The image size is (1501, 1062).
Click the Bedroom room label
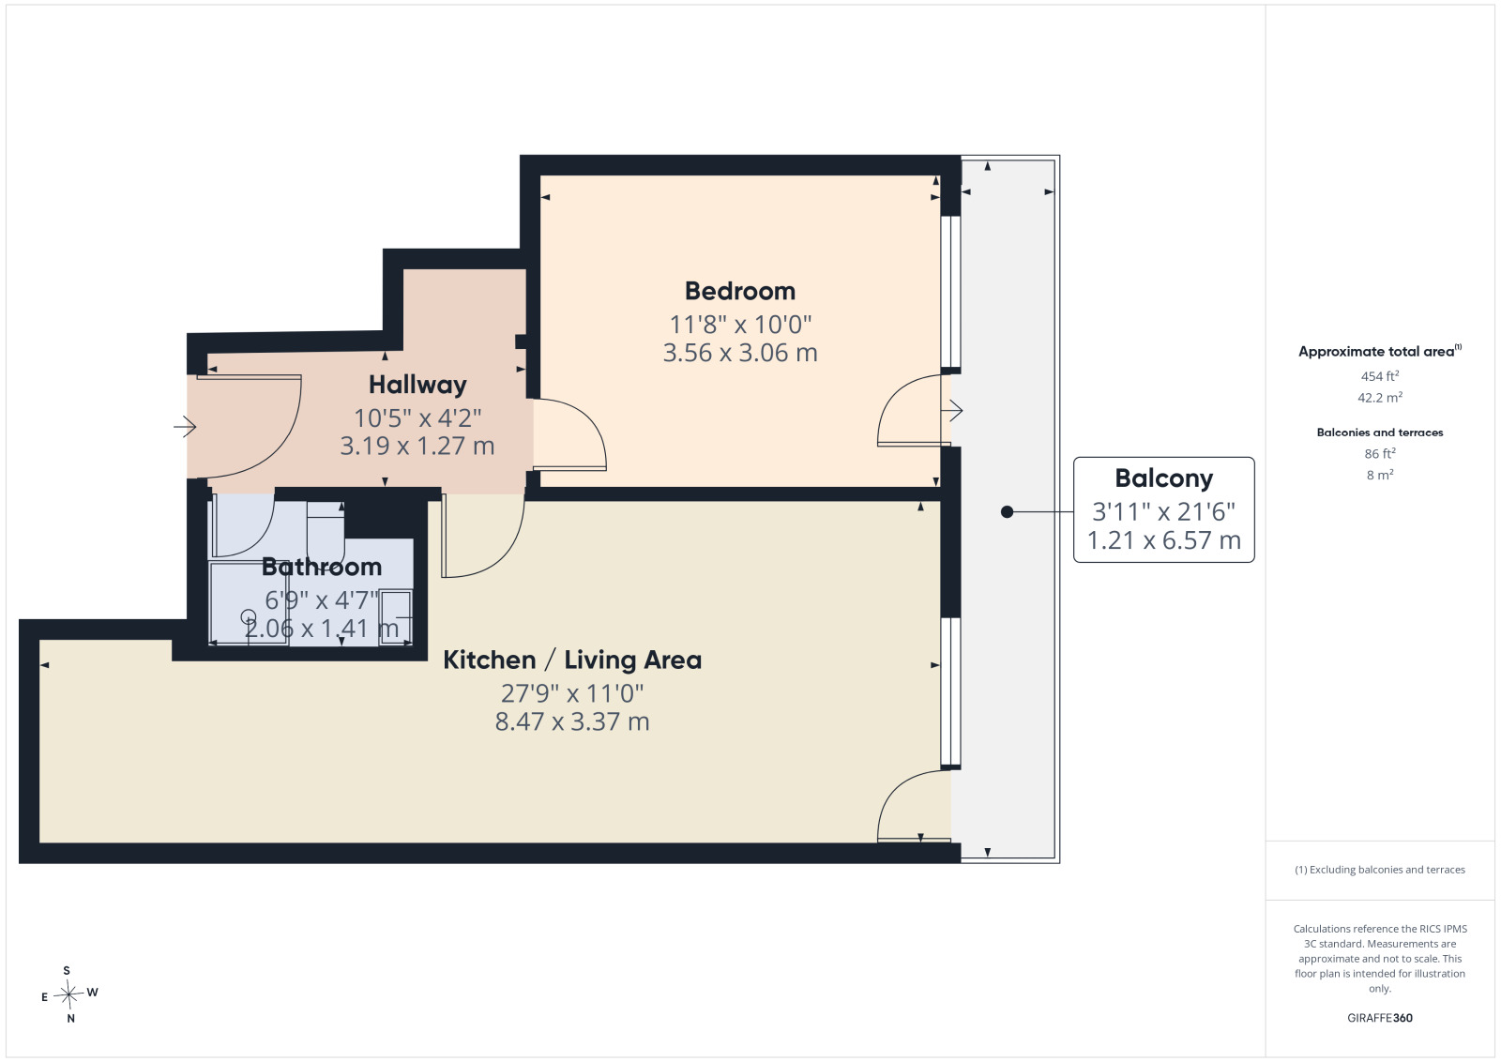pyautogui.click(x=740, y=292)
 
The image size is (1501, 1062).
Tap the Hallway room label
pyautogui.click(x=417, y=386)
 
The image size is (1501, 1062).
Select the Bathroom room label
pyautogui.click(x=322, y=567)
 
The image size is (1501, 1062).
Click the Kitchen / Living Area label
pyautogui.click(x=572, y=660)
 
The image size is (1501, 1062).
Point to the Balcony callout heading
pyautogui.click(x=1164, y=478)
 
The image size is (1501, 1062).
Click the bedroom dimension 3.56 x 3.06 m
pyautogui.click(x=740, y=353)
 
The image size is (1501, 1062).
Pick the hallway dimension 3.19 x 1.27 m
pyautogui.click(x=417, y=447)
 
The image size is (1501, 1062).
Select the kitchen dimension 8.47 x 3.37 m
pyautogui.click(x=572, y=721)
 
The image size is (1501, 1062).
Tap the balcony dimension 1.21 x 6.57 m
pyautogui.click(x=1164, y=540)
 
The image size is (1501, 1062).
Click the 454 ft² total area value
pyautogui.click(x=1380, y=376)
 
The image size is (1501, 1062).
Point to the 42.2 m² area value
pyautogui.click(x=1380, y=398)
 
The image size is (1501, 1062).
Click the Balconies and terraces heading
pyautogui.click(x=1380, y=432)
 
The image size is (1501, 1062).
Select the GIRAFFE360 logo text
pyautogui.click(x=1380, y=1018)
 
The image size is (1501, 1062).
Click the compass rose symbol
pyautogui.click(x=69, y=994)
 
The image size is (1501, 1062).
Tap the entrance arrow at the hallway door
pyautogui.click(x=185, y=427)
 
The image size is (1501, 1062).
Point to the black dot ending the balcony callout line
pyautogui.click(x=1007, y=512)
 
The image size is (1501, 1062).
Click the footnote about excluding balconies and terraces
pyautogui.click(x=1380, y=870)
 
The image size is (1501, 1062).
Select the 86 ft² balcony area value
pyautogui.click(x=1380, y=454)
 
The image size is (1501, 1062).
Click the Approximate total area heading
pyautogui.click(x=1380, y=351)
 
